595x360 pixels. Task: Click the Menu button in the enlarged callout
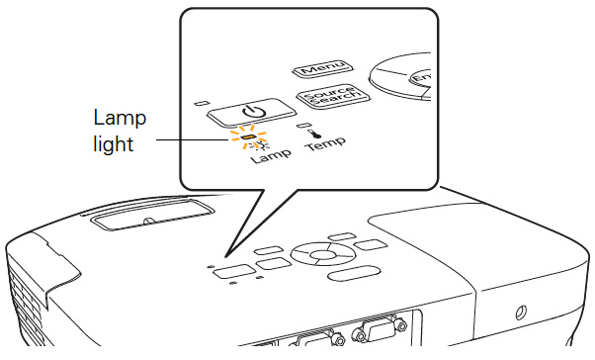pyautogui.click(x=322, y=68)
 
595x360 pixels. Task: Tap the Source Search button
pyautogui.click(x=333, y=97)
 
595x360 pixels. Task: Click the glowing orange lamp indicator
pyautogui.click(x=248, y=136)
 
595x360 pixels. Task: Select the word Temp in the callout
pyautogui.click(x=326, y=143)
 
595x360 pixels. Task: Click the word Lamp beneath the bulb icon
pyautogui.click(x=271, y=155)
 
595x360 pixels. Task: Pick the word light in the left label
pyautogui.click(x=113, y=144)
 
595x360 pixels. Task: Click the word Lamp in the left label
pyautogui.click(x=120, y=118)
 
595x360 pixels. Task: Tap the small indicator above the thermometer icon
pyautogui.click(x=302, y=125)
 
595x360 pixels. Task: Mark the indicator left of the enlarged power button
pyautogui.click(x=201, y=103)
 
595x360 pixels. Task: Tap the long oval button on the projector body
pyautogui.click(x=354, y=273)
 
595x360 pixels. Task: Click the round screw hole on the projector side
pyautogui.click(x=520, y=313)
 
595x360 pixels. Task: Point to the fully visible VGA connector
pyautogui.click(x=380, y=329)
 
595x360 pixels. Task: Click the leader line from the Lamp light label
pyautogui.click(x=193, y=139)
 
